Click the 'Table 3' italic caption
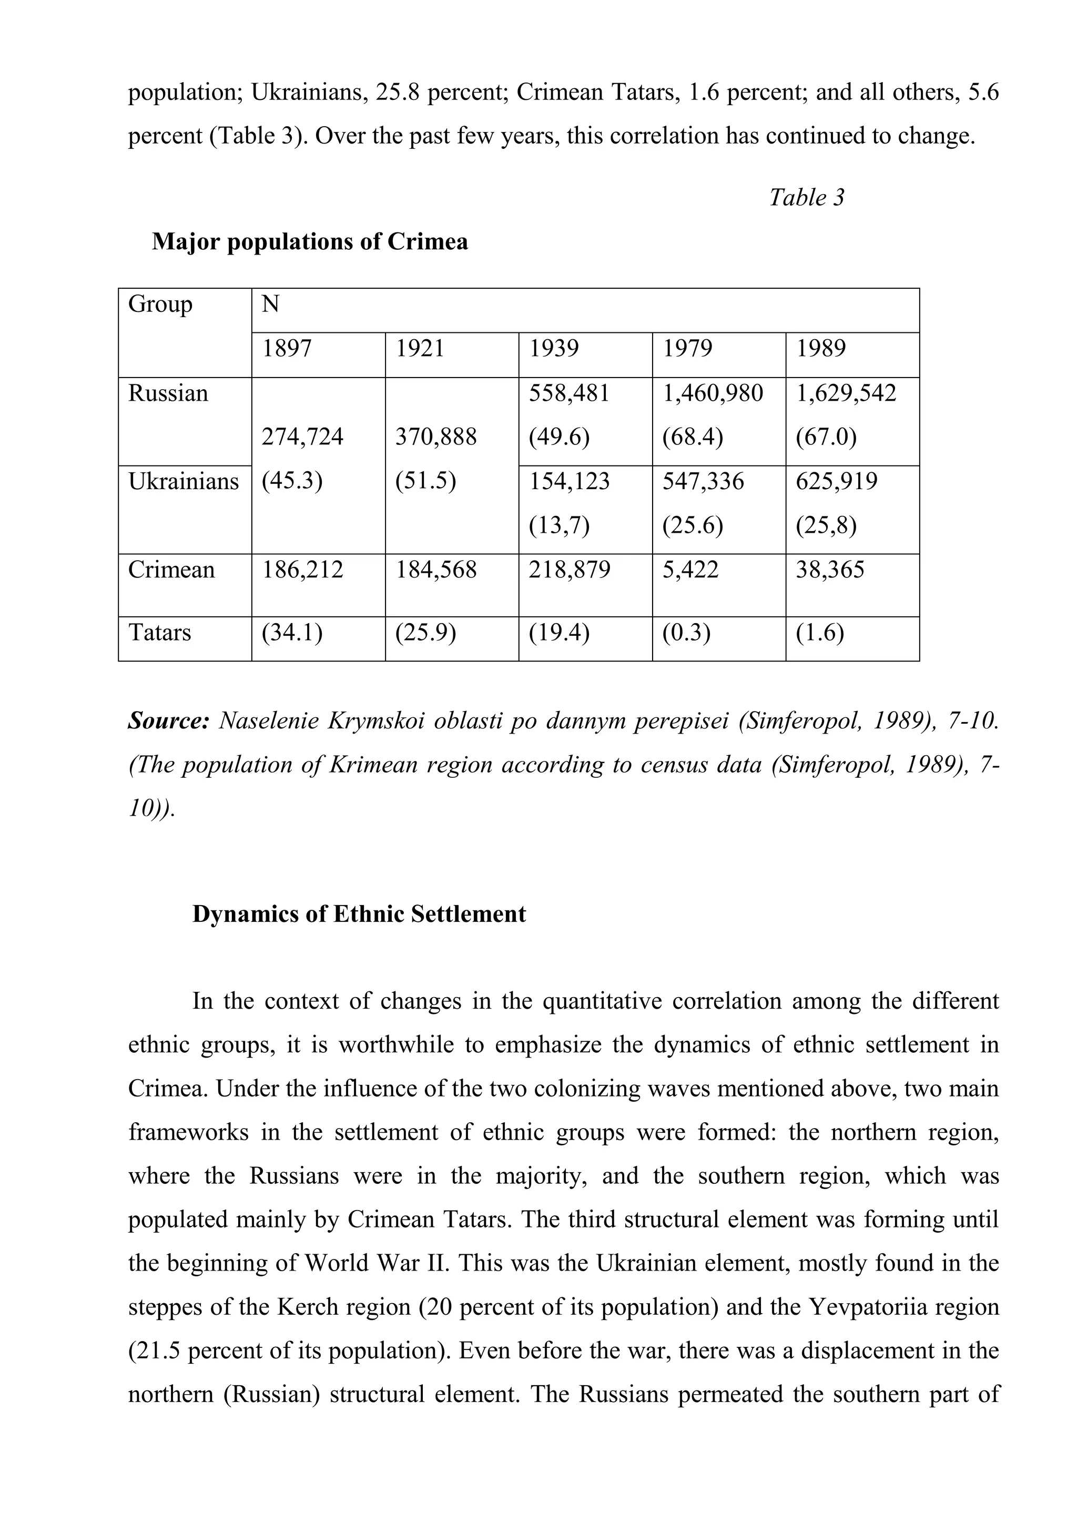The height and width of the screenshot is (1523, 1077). click(806, 197)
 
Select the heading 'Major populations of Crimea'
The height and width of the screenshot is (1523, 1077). click(310, 241)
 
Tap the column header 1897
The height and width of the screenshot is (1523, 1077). click(287, 348)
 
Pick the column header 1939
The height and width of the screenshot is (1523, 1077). click(554, 348)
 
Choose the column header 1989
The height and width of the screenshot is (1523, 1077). click(821, 348)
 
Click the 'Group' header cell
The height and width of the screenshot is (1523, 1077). click(160, 304)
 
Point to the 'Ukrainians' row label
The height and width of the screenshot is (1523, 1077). click(183, 481)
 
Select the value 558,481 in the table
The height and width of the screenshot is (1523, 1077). click(569, 393)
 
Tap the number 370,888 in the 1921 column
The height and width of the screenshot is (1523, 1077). click(436, 436)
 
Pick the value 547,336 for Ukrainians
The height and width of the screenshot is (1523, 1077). click(703, 481)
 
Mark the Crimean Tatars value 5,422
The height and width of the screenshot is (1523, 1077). click(690, 570)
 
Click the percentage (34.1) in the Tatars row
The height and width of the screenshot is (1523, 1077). click(292, 632)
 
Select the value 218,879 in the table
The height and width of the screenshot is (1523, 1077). click(569, 570)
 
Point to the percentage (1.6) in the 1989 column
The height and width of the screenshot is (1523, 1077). click(820, 632)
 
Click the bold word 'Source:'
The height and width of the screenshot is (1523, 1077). click(168, 720)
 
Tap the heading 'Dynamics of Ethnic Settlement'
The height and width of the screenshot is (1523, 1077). click(359, 914)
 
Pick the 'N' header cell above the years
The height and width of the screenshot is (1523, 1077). click(271, 304)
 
